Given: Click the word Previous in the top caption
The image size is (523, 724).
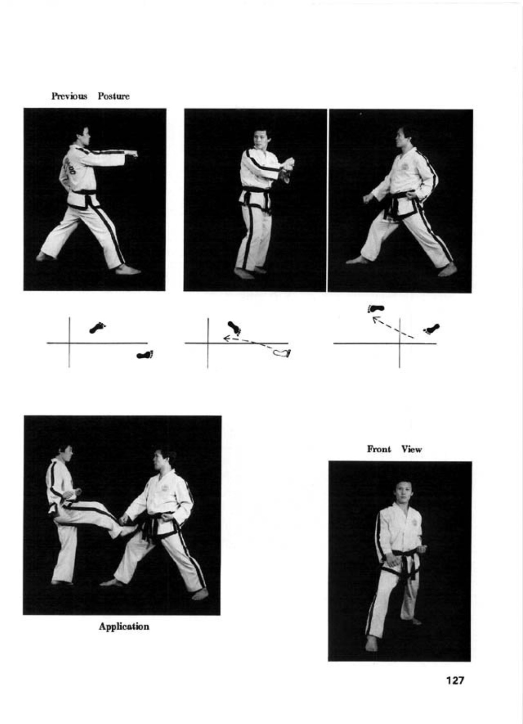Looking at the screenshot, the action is point(69,96).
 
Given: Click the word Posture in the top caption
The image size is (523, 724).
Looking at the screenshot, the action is point(114,96).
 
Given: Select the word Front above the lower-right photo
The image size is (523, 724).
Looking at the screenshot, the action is point(379,449).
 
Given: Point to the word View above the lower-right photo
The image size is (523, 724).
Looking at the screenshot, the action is point(412,449).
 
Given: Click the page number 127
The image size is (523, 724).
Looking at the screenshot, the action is point(455,680).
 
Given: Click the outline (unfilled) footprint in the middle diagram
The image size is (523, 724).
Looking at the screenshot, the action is point(282,353).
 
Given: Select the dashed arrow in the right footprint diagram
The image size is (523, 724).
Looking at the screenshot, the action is point(393,327).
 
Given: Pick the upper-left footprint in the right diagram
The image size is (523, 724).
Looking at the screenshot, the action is point(376,309).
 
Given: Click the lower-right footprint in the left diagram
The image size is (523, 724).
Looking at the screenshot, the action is point(145,355).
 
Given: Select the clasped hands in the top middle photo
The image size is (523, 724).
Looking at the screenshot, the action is point(287,167).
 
